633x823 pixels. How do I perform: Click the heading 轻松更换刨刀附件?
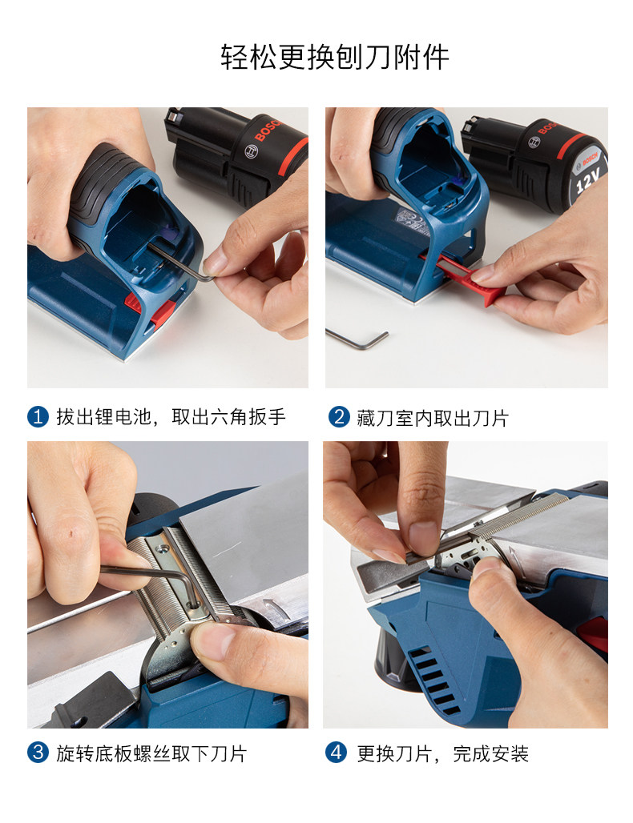[335, 57]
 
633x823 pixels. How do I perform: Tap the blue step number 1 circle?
[38, 417]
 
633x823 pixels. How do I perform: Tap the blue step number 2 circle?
[339, 418]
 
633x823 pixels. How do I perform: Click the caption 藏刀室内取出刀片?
[433, 419]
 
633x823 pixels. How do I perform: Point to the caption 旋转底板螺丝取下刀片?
[151, 753]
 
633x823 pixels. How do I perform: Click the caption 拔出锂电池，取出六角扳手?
[171, 417]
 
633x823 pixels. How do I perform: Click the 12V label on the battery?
[587, 180]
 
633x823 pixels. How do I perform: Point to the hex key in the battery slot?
[181, 261]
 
